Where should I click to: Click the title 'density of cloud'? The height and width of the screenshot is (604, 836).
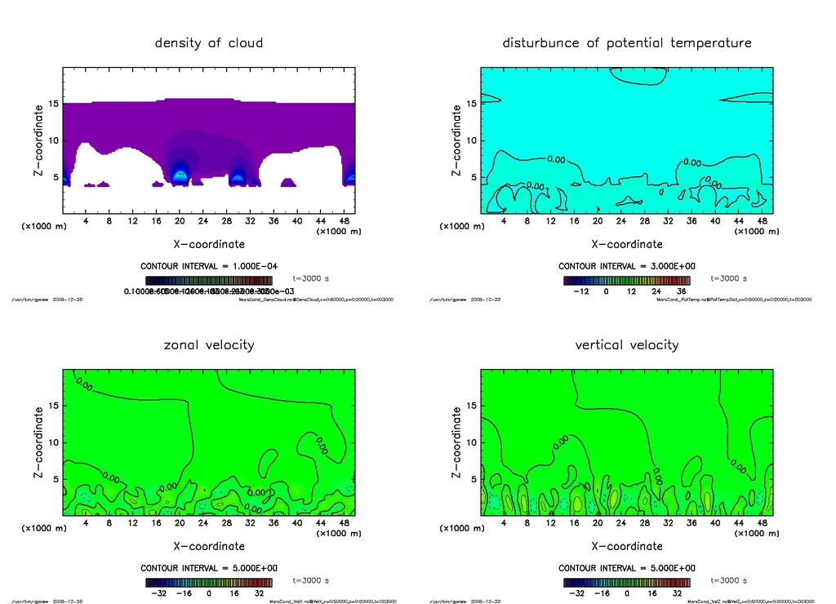point(209,42)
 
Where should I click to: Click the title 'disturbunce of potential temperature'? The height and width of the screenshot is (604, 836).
point(627,42)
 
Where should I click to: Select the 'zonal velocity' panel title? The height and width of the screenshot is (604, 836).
point(209,344)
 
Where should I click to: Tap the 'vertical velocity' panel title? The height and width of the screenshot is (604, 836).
point(627,344)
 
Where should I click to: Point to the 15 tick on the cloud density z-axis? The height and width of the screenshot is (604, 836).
point(53,104)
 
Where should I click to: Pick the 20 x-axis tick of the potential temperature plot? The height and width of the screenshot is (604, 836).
point(598,221)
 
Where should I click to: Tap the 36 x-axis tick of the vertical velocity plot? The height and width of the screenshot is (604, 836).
point(691,523)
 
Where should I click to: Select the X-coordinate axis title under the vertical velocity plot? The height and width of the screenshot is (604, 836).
point(627,546)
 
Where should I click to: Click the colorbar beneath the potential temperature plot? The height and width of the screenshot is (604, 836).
point(626,280)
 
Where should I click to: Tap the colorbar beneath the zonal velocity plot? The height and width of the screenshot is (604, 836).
point(208,582)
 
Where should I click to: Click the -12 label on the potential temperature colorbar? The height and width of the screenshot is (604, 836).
point(582,291)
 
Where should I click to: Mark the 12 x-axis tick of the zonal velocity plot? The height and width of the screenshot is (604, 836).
point(133,523)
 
